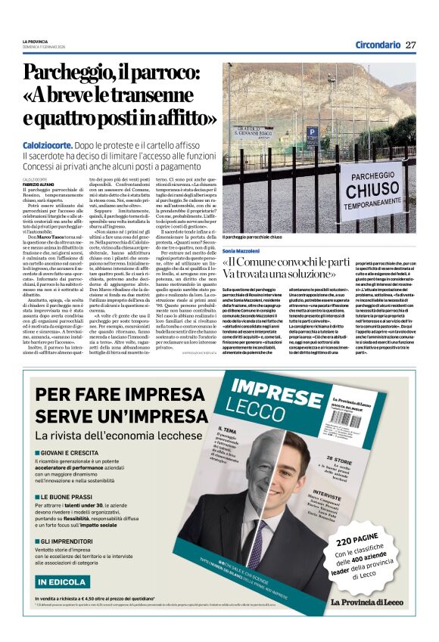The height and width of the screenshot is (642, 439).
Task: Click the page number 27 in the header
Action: [x=410, y=45]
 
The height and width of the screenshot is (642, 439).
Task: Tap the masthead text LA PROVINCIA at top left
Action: [x=35, y=41]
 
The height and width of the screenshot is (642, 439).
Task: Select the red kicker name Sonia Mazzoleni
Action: [x=241, y=250]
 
